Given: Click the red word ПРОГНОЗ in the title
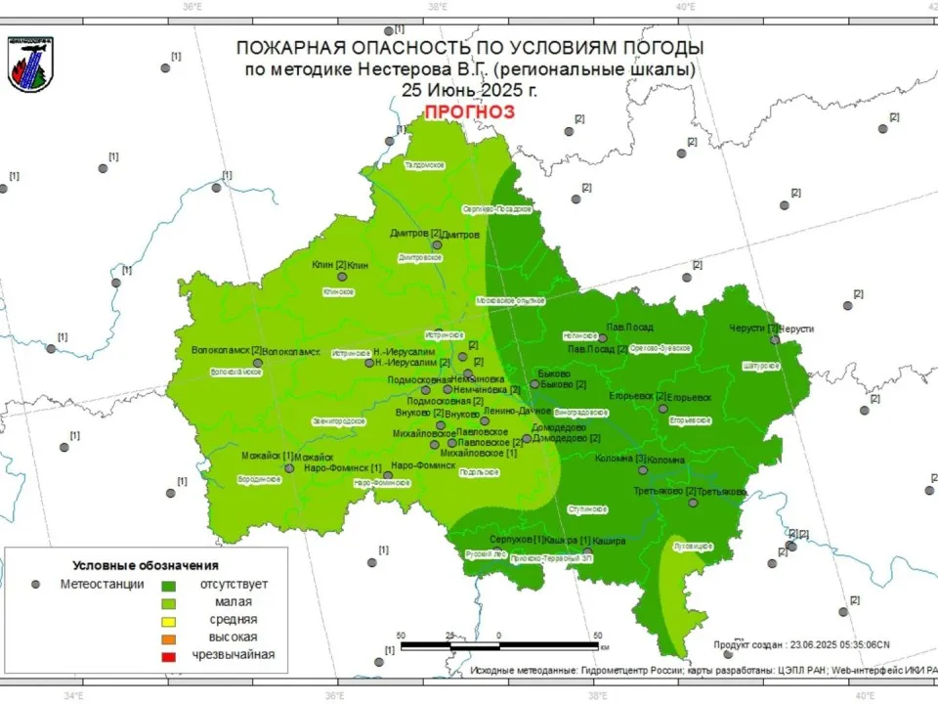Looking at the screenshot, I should coord(468,111).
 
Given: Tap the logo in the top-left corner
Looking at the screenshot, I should coord(30,64).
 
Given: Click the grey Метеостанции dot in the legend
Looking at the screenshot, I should coord(36,585).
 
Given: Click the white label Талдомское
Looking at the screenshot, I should coord(425,165).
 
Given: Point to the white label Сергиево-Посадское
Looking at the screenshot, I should coord(496,209).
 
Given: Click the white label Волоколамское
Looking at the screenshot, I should coord(236,372).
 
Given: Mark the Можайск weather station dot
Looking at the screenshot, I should coord(289,468).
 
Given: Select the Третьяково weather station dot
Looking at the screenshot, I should coord(693,503).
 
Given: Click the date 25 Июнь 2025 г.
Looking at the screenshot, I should coord(468,89).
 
